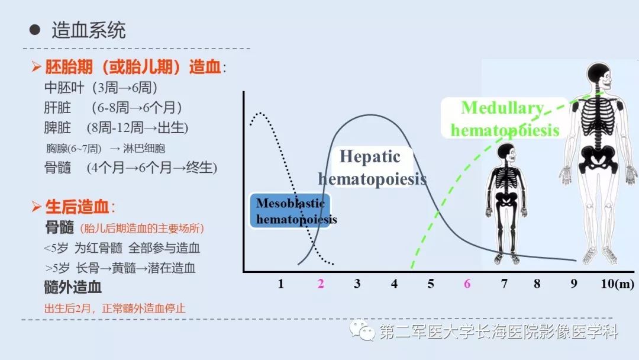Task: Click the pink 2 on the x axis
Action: (x=321, y=284)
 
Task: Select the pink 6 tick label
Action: (x=467, y=284)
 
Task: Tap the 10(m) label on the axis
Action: (x=617, y=284)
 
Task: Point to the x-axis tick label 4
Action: (x=395, y=284)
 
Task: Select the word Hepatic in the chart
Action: (x=370, y=156)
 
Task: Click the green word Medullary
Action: (x=502, y=108)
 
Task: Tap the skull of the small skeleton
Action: (x=506, y=152)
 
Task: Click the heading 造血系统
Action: (x=89, y=30)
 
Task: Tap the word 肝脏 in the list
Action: (x=57, y=108)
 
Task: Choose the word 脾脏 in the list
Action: (x=57, y=127)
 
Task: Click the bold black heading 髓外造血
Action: (x=73, y=287)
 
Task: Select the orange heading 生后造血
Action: (x=78, y=207)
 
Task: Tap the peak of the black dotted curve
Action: (x=257, y=113)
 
